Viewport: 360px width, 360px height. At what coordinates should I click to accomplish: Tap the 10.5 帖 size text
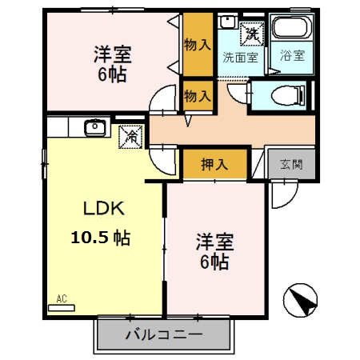coord(101,238)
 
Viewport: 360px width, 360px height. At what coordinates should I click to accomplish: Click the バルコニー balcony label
coord(164,334)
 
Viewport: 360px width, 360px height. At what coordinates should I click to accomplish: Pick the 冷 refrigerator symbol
coord(130,136)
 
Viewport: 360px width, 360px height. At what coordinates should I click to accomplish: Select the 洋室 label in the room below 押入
coord(214,250)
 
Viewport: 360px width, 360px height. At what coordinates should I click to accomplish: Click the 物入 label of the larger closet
coord(198,45)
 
